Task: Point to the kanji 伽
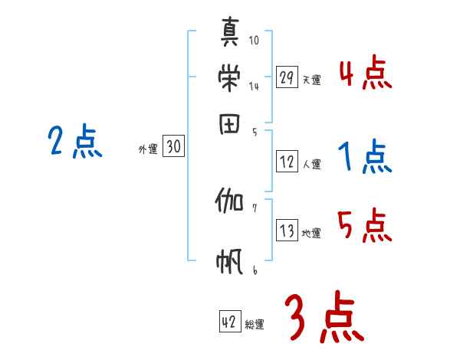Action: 229,202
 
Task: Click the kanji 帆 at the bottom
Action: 230,262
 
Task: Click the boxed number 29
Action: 287,77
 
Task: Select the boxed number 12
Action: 287,162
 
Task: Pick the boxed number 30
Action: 173,148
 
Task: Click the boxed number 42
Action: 229,322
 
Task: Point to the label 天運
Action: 311,80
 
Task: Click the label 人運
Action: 311,163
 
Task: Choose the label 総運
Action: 254,325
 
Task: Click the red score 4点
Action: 364,74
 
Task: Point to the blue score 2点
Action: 74,142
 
